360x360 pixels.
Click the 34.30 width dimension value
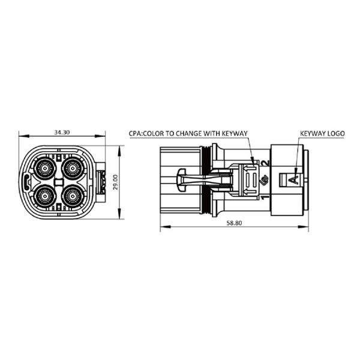pos(61,131)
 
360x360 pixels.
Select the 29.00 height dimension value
pos(113,181)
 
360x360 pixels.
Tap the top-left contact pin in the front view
pos(45,169)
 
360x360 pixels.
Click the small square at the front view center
pos(59,182)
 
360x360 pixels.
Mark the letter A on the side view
pos(293,179)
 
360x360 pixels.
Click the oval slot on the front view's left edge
pos(25,182)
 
